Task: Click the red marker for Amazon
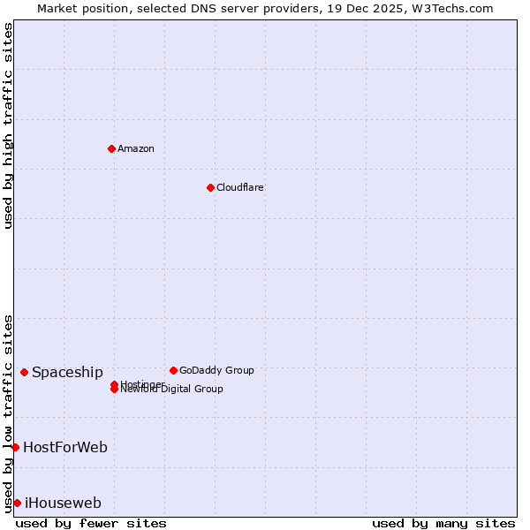point(111,148)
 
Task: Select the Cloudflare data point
point(210,187)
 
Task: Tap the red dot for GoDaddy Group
point(173,370)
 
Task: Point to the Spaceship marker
point(24,372)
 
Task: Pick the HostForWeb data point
point(15,447)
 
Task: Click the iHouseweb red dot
point(17,503)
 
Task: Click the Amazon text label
point(136,148)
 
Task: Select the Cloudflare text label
point(239,187)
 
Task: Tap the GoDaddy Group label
point(216,370)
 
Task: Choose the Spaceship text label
point(67,373)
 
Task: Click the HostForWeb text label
point(65,448)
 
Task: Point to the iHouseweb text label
point(63,503)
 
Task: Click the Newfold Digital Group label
point(171,390)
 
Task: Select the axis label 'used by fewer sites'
point(91,523)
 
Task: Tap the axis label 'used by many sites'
point(443,523)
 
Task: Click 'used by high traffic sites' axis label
point(9,125)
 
